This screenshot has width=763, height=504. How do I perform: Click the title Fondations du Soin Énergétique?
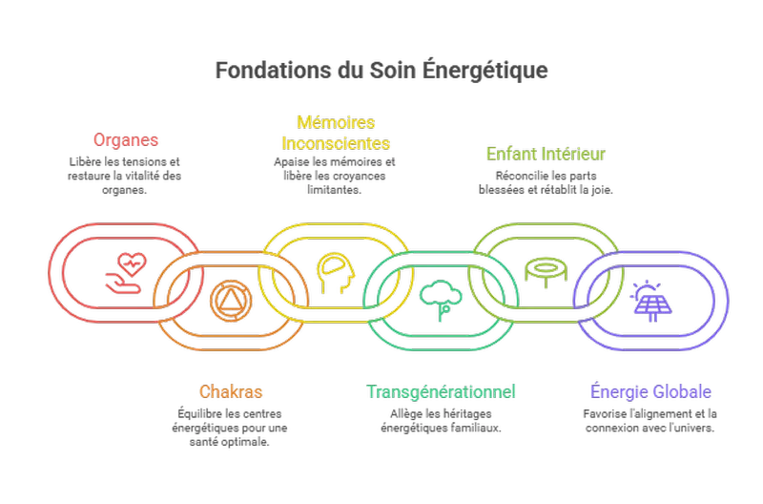381,72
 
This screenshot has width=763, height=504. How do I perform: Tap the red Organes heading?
125,141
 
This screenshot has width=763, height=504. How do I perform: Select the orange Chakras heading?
231,391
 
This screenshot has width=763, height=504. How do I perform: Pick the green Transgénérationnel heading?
442,391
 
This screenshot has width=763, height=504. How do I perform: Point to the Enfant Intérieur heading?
546,153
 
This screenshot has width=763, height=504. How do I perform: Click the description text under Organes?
125,177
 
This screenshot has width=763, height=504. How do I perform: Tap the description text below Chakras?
231,428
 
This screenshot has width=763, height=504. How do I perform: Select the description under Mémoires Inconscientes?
336,177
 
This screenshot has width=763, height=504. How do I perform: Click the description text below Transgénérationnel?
442,421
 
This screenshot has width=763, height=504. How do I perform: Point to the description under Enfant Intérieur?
546,182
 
